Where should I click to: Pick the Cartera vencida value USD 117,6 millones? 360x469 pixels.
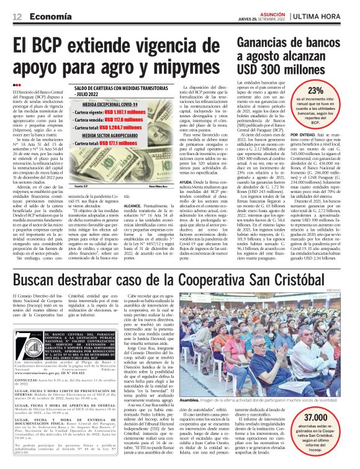tap(142, 126)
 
